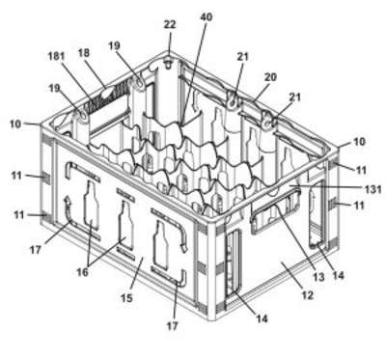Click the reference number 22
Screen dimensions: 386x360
click(170, 24)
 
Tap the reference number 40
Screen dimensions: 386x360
click(206, 16)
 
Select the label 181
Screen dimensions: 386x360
click(56, 57)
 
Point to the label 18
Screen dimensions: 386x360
click(84, 53)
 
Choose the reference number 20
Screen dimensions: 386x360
click(270, 76)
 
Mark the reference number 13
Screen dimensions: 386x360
click(318, 277)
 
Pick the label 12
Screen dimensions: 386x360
click(308, 295)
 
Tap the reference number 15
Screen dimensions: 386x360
click(126, 298)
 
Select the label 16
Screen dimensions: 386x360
click(82, 272)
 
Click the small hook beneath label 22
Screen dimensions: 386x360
click(168, 64)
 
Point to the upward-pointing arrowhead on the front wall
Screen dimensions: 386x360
click(68, 201)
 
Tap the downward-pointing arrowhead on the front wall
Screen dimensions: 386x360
click(184, 249)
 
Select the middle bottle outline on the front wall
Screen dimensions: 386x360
click(125, 225)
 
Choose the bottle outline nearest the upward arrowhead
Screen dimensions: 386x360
click(92, 207)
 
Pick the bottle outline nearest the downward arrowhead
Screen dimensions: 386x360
click(161, 245)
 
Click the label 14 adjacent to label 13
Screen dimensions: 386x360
click(338, 275)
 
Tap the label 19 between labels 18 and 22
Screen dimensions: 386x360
click(114, 45)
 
